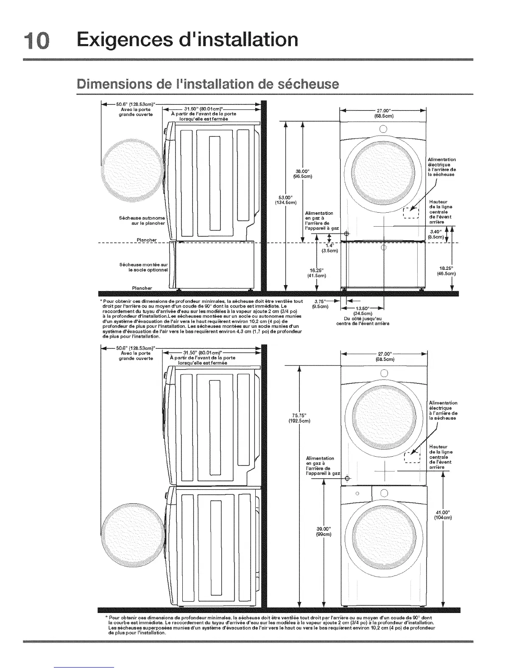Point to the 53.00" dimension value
click(x=282, y=197)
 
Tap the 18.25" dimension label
click(x=446, y=268)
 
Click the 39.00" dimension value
click(x=324, y=528)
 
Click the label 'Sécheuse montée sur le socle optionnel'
click(x=144, y=267)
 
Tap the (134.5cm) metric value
click(x=282, y=202)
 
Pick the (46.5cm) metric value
click(x=446, y=274)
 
